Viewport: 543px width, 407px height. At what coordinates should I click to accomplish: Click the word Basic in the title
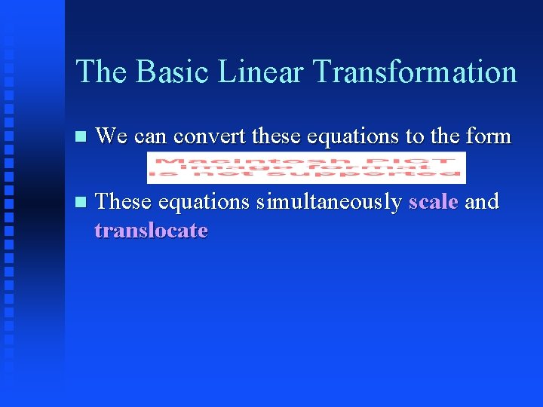166,72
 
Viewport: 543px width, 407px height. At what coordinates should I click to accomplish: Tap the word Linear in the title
261,72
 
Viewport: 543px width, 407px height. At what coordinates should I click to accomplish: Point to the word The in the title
100,72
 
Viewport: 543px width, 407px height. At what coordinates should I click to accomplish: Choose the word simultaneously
328,202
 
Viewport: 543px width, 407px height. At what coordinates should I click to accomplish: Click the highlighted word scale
433,202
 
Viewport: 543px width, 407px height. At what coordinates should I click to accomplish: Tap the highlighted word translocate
151,230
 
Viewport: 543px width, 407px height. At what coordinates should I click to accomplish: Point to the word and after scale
482,202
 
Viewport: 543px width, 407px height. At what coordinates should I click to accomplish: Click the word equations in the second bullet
204,202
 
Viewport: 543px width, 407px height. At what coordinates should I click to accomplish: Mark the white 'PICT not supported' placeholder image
306,168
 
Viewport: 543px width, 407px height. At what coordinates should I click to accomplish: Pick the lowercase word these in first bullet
275,136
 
